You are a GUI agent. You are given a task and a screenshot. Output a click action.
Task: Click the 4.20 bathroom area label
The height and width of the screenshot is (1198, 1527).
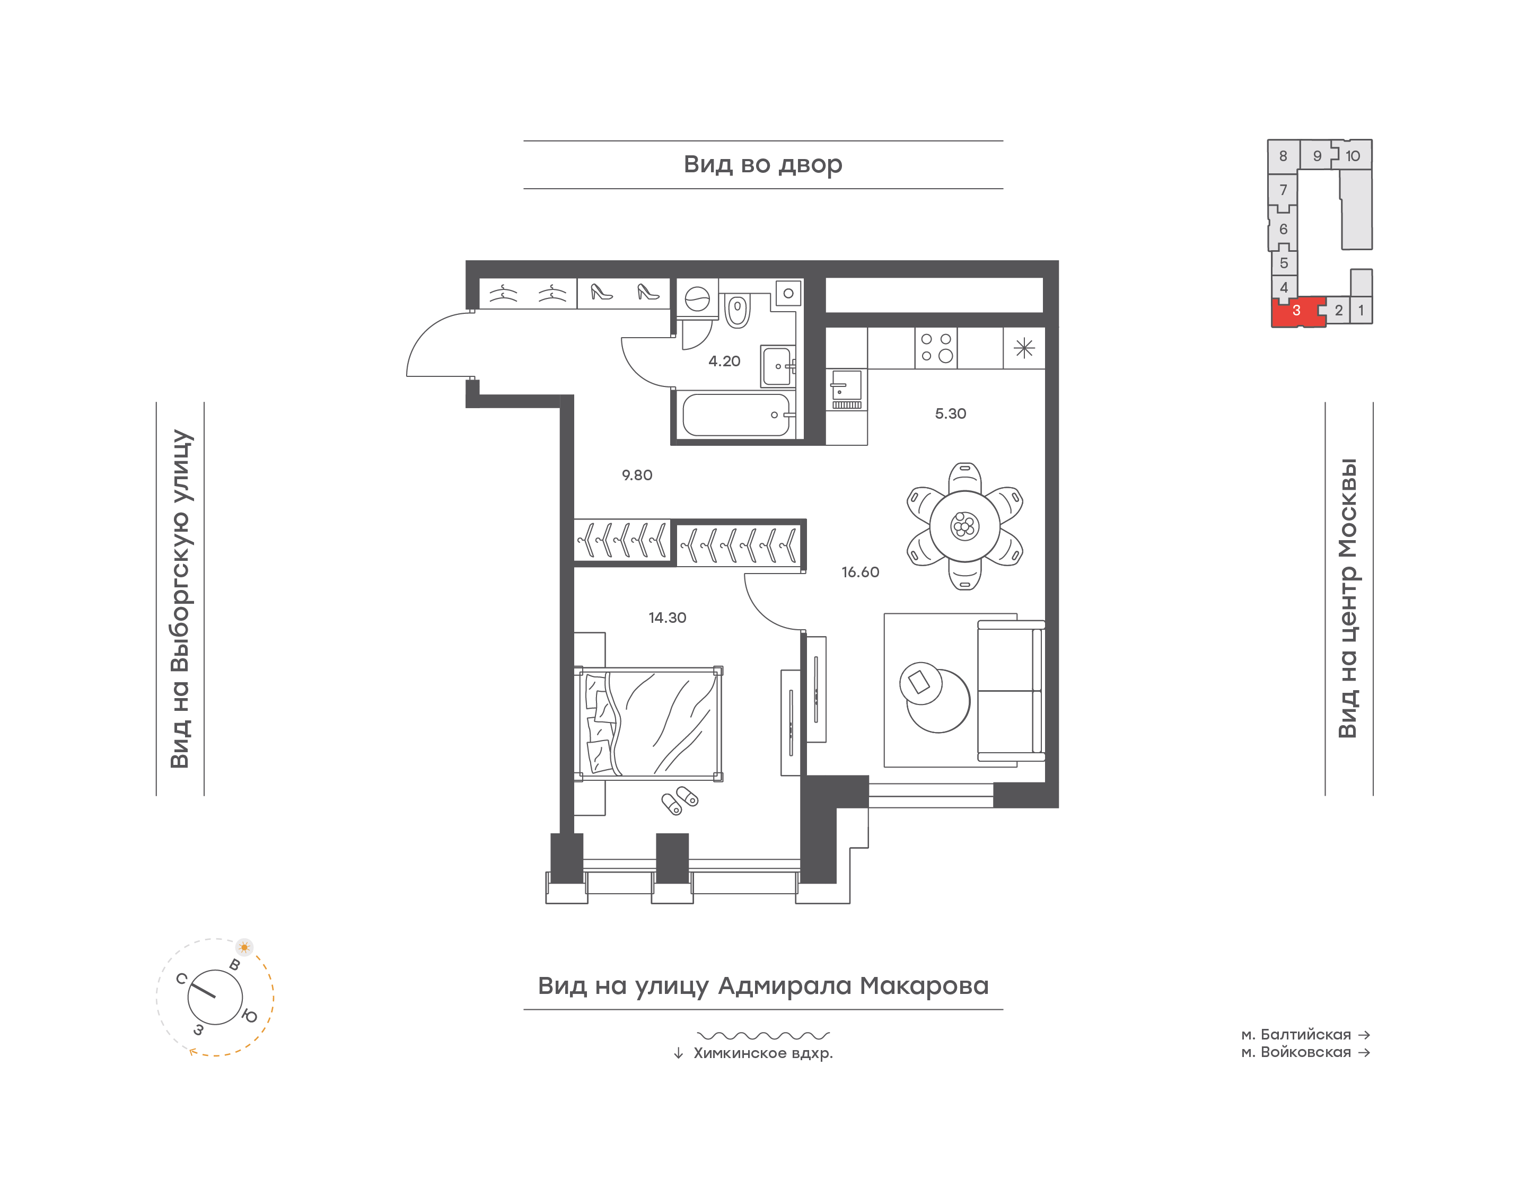tap(724, 361)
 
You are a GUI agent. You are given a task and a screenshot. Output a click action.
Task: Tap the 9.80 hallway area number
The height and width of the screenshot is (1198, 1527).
tap(637, 475)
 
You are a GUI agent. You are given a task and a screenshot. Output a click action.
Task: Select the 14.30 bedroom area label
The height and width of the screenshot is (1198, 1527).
tap(667, 617)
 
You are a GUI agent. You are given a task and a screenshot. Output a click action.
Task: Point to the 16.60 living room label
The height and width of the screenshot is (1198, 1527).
tap(860, 571)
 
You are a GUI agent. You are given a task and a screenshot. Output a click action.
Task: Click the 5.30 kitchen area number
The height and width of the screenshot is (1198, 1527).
tap(951, 413)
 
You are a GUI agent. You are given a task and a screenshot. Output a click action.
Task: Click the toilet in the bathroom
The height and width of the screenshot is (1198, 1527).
tap(736, 311)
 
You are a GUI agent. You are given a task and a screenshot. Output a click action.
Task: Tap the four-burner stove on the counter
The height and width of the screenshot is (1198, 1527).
tap(936, 347)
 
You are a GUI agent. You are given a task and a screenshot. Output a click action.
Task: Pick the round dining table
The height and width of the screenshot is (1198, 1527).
tap(964, 526)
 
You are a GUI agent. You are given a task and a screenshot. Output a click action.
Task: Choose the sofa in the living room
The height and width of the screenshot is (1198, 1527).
tap(1011, 690)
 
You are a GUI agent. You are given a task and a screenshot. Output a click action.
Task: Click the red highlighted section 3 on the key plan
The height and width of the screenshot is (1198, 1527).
tap(1296, 311)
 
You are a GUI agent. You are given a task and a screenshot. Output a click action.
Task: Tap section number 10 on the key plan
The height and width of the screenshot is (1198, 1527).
tap(1353, 156)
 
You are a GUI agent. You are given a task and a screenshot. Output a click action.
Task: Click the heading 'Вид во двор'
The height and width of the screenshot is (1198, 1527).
tap(762, 164)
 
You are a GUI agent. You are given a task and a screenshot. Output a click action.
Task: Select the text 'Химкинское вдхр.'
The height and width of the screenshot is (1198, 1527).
tap(763, 1053)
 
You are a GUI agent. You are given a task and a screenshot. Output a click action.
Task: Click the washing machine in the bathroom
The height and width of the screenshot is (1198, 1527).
tap(697, 299)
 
